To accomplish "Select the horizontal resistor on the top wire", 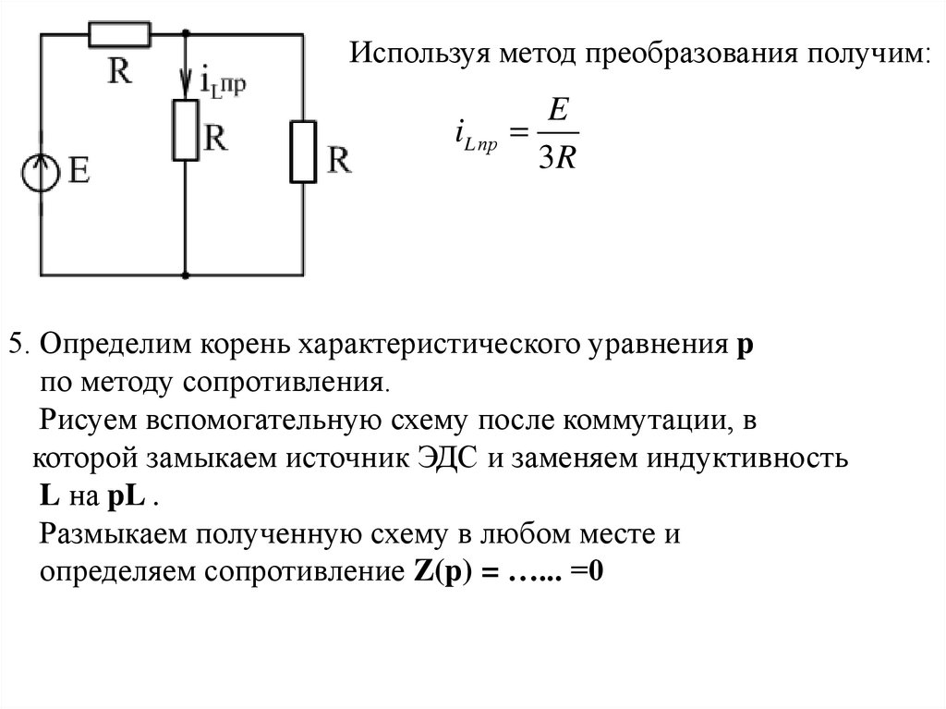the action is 119,35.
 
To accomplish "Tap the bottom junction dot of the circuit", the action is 186,275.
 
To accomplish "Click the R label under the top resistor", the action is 118,71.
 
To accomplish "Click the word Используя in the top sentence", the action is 418,52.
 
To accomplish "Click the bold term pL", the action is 126,496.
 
